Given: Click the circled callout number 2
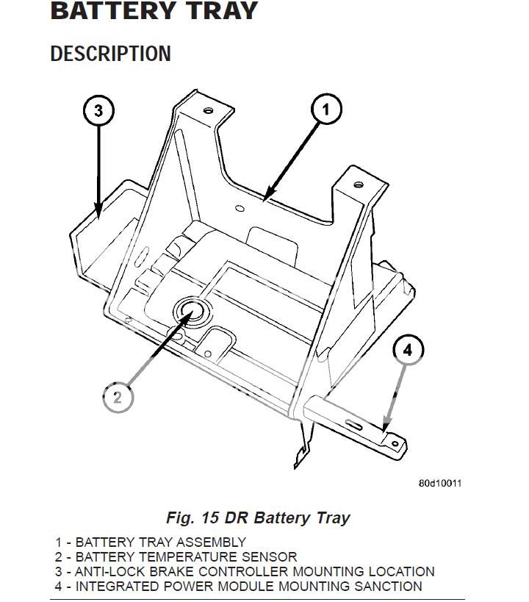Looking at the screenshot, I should click(118, 398).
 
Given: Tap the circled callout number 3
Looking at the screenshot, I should click(98, 112).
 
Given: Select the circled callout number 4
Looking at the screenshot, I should click(409, 350).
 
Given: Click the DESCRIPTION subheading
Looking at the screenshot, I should click(110, 54).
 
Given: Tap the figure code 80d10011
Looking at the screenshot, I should click(440, 483).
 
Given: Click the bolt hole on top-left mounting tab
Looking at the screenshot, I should click(209, 110).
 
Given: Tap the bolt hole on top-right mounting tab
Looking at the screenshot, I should click(358, 184).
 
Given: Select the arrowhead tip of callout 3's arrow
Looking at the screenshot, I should click(98, 218).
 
